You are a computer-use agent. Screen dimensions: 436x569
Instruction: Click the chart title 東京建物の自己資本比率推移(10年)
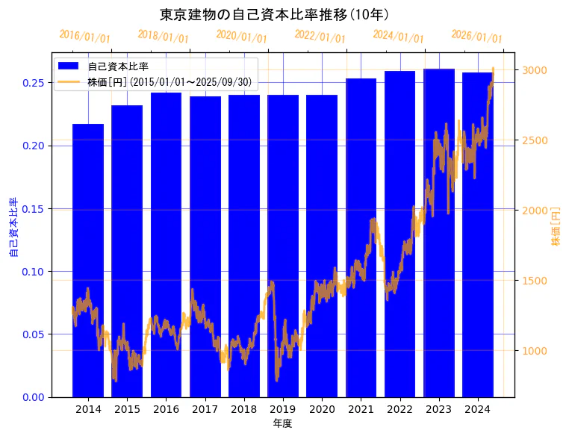click(274, 14)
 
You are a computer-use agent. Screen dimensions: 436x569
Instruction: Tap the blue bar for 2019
click(283, 246)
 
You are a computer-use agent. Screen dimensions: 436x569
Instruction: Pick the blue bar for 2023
click(439, 232)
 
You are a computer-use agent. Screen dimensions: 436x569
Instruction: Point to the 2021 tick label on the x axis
click(361, 409)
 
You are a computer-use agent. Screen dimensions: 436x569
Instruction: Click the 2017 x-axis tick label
click(205, 409)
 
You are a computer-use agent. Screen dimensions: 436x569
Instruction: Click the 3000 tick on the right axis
click(535, 70)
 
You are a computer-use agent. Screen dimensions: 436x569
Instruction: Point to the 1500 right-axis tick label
click(535, 281)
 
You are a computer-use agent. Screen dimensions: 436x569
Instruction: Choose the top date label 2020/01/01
click(241, 37)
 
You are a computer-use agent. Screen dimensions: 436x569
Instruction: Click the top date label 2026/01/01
click(476, 37)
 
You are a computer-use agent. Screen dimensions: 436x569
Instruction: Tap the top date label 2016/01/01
click(84, 37)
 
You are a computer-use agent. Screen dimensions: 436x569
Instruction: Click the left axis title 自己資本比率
click(13, 228)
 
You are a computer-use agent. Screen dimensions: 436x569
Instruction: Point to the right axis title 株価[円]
click(556, 228)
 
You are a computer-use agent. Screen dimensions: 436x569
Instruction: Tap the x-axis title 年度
click(282, 423)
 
